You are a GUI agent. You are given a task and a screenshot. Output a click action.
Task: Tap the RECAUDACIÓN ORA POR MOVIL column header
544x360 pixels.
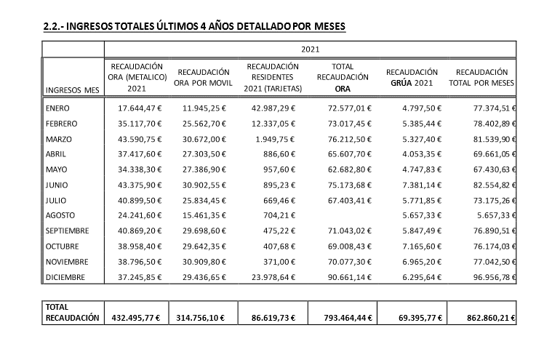(204, 78)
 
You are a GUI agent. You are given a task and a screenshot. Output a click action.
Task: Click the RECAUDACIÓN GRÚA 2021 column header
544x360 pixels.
(412, 78)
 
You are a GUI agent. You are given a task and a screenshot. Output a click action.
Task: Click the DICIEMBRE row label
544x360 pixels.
(65, 277)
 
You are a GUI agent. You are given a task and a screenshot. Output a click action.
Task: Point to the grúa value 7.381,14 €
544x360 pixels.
(415, 185)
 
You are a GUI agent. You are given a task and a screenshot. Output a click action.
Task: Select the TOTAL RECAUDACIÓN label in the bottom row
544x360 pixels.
(71, 313)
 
